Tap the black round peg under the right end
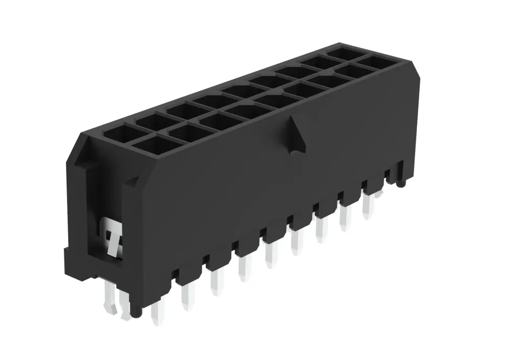point(400,183)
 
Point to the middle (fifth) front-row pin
point(271,257)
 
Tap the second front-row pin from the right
point(345,218)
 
